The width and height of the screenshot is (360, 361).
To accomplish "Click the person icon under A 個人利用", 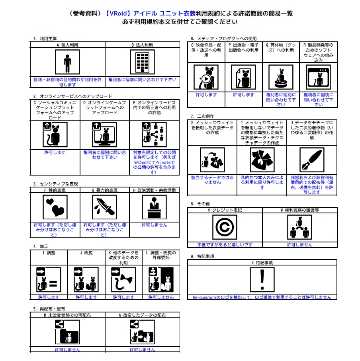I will point(67,62).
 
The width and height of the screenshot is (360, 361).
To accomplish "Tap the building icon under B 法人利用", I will point(142,62).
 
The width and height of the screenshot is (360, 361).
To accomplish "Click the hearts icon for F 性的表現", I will point(55,207).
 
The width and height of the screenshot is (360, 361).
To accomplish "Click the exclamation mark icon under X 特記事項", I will point(262,279).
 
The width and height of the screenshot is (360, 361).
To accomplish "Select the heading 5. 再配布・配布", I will point(49,308).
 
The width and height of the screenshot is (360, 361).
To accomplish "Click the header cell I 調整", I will point(49,253).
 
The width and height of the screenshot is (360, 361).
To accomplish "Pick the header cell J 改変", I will point(86,253).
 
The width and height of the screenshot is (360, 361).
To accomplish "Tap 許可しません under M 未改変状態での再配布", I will point(67,349).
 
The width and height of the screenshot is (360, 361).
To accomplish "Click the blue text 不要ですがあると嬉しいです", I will point(225,245).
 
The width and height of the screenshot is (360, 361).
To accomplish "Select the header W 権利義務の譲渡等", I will point(299,210).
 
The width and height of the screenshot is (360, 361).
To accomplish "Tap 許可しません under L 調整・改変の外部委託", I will point(161,297).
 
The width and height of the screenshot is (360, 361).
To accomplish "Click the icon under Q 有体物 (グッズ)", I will point(281,77).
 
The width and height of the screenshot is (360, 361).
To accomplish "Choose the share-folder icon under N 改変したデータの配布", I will point(142,332).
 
